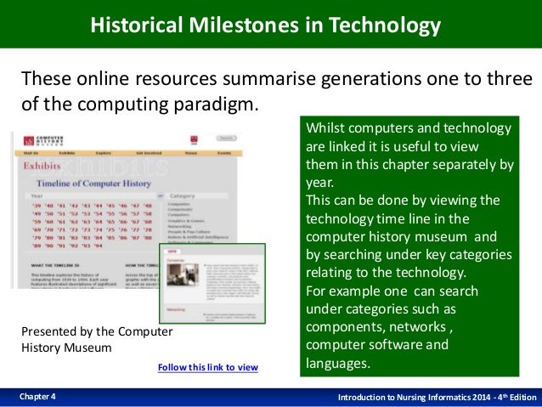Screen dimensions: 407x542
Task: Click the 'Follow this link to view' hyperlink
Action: coord(207,367)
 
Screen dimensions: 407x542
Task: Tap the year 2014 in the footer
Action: coord(457,397)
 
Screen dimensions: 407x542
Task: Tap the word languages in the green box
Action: coord(337,364)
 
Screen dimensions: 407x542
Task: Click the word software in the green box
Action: coord(393,345)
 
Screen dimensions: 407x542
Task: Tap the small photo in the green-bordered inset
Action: coord(179,279)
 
